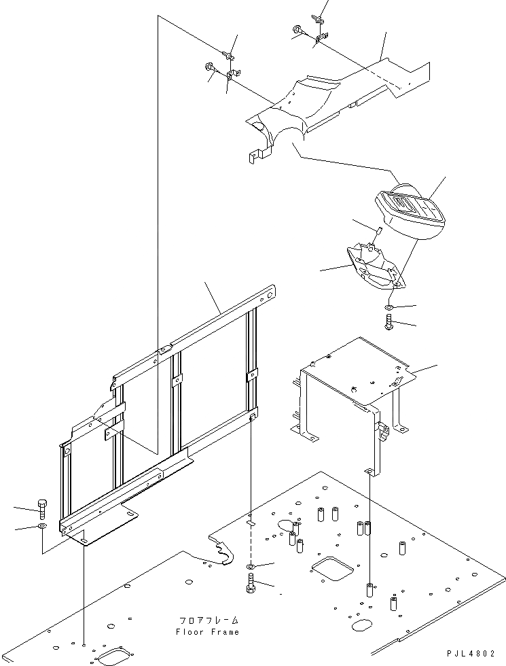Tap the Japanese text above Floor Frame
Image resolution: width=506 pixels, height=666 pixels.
[x=209, y=620]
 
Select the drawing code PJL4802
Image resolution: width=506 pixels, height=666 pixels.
[x=473, y=654]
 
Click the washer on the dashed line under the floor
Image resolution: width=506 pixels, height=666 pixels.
[x=250, y=565]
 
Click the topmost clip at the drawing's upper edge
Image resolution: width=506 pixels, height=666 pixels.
[x=317, y=17]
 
